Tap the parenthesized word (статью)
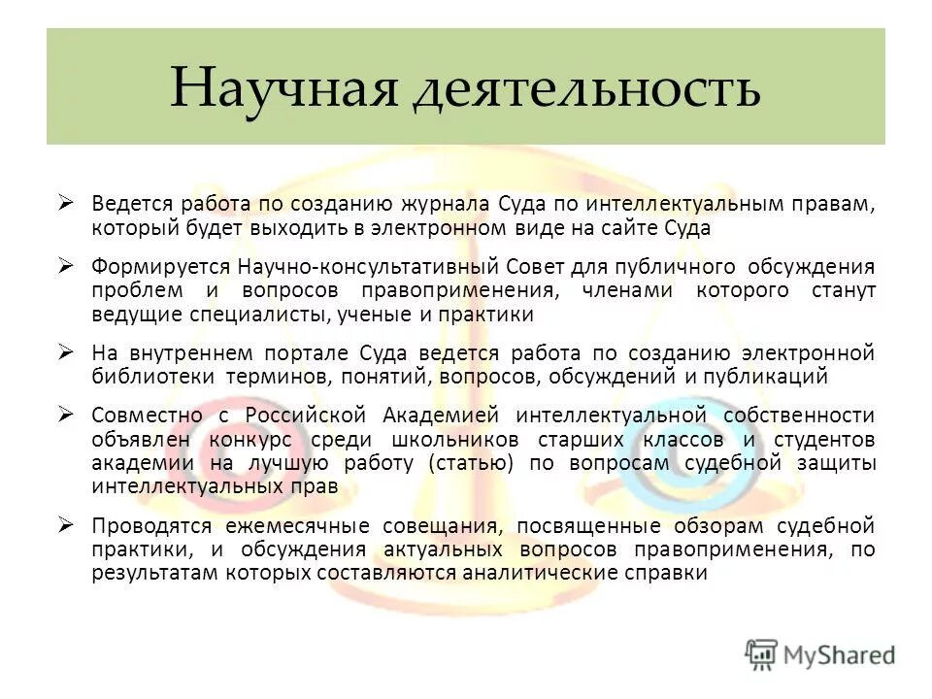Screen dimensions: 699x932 click(x=469, y=462)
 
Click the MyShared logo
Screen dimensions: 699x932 click(x=821, y=653)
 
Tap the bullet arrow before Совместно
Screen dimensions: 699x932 click(x=65, y=414)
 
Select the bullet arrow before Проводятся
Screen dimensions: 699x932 click(x=65, y=525)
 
